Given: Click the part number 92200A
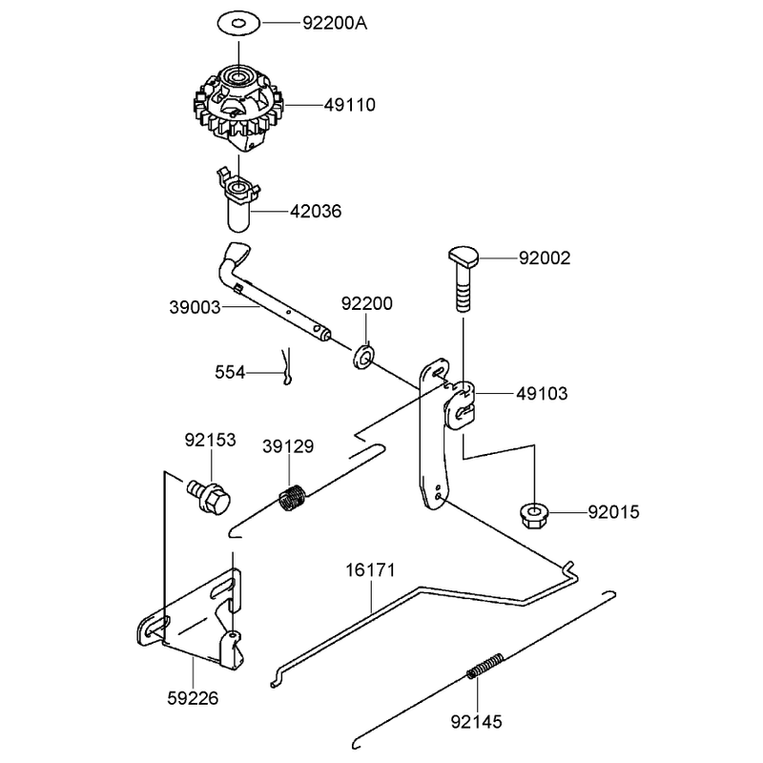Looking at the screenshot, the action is point(335,23).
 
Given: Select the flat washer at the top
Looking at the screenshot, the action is point(238,23).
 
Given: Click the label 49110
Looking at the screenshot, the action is point(350,105).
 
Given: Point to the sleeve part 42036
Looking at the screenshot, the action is point(237,200).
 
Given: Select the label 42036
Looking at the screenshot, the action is point(316,212).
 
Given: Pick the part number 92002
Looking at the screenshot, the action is point(545,258).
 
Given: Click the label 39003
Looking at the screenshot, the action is point(195,307).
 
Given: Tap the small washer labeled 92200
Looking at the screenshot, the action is point(363,357).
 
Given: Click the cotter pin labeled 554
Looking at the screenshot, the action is point(287,366).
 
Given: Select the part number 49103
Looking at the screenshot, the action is point(542,393).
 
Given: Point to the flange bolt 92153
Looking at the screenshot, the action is point(209,497).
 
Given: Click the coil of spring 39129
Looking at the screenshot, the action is point(293,498).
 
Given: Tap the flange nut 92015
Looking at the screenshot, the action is point(534,516).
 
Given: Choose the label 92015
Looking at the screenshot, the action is point(613,512).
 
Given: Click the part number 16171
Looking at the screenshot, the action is point(370,570).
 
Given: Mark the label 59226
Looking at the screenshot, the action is point(193,699).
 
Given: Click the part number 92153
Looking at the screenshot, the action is point(210,440).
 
